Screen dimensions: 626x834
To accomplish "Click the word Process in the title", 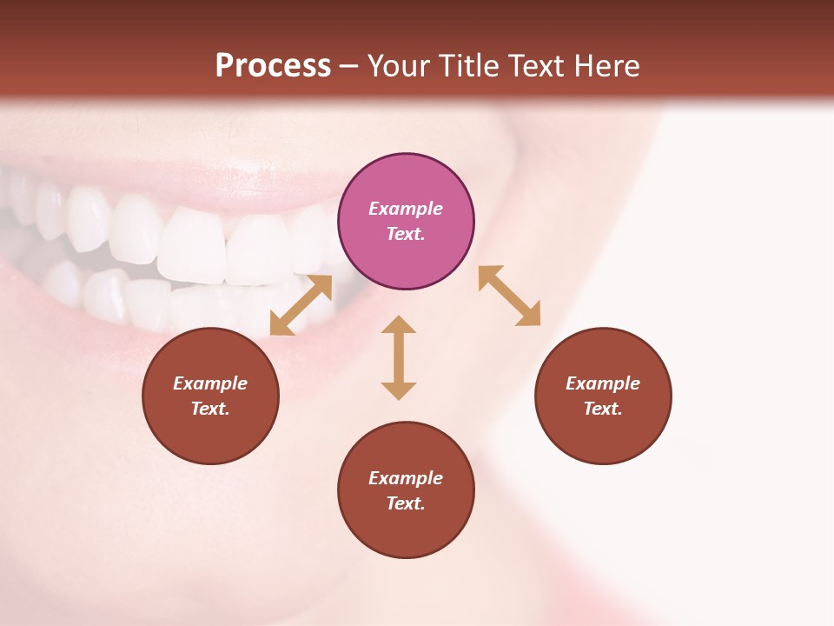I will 273,66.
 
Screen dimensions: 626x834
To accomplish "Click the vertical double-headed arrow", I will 399,357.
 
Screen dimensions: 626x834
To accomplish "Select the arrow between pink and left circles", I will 301,305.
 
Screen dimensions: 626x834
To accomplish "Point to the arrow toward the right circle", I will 510,296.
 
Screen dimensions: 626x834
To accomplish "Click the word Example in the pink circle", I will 406,209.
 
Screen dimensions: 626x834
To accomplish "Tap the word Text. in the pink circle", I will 406,234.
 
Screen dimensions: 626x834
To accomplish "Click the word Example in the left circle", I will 210,383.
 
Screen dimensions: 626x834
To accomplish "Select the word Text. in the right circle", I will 603,409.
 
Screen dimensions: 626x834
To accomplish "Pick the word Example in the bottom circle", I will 406,478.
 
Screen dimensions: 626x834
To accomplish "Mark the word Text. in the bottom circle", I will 406,503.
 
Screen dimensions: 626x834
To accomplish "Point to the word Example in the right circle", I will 603,383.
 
